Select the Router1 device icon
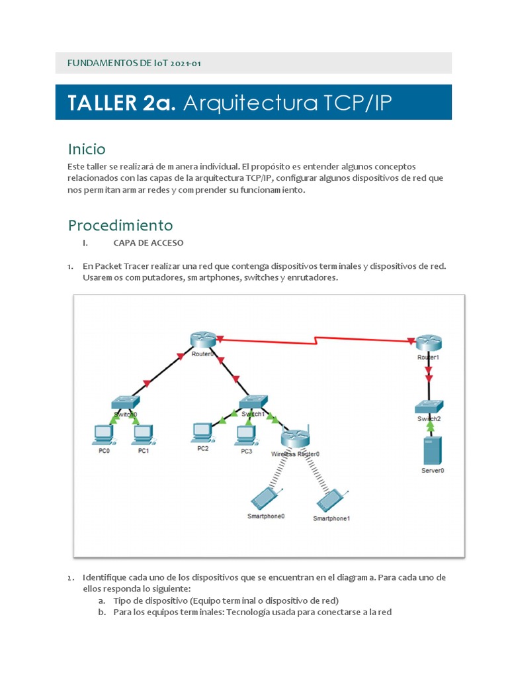click(x=428, y=342)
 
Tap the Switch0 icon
click(x=124, y=403)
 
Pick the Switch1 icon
click(x=253, y=403)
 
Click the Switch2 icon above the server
click(x=429, y=407)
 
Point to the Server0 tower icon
click(x=432, y=451)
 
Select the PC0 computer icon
click(x=103, y=434)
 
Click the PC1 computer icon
click(x=143, y=434)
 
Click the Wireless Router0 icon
click(x=295, y=438)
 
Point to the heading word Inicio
click(x=87, y=149)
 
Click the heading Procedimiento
click(x=120, y=225)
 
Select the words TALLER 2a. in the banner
click(x=122, y=103)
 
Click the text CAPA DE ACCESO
click(x=148, y=243)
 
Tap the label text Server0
click(x=433, y=470)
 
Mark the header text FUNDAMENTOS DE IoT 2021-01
click(x=134, y=64)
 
